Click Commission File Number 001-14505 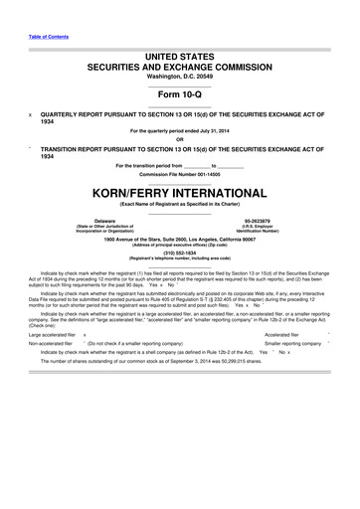179,173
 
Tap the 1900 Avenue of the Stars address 179,239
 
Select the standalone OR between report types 179,136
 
